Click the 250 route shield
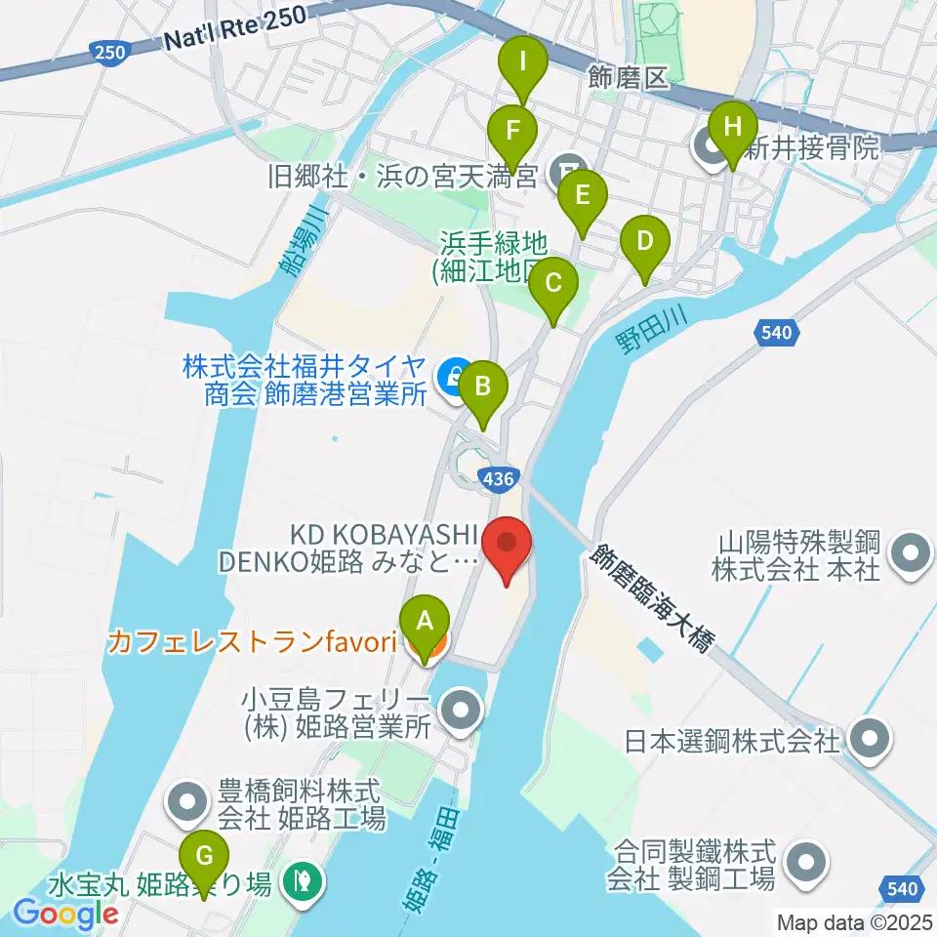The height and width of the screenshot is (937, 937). (109, 51)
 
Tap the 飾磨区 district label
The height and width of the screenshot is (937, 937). (631, 78)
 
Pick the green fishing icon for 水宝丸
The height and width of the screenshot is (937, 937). (302, 884)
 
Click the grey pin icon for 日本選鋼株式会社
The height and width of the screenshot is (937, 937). (866, 739)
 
